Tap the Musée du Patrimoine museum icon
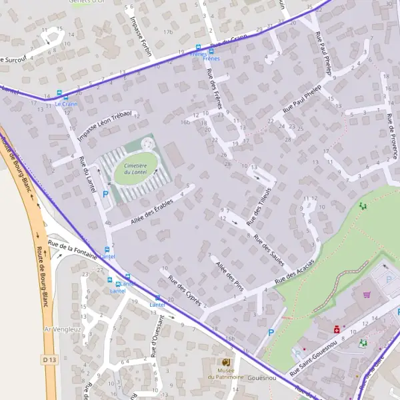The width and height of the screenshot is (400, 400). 225,363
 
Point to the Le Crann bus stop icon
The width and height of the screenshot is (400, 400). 59,95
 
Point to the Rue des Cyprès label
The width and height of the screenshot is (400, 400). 185,289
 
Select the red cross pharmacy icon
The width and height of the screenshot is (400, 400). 337,329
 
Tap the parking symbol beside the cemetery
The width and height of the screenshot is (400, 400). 105,195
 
